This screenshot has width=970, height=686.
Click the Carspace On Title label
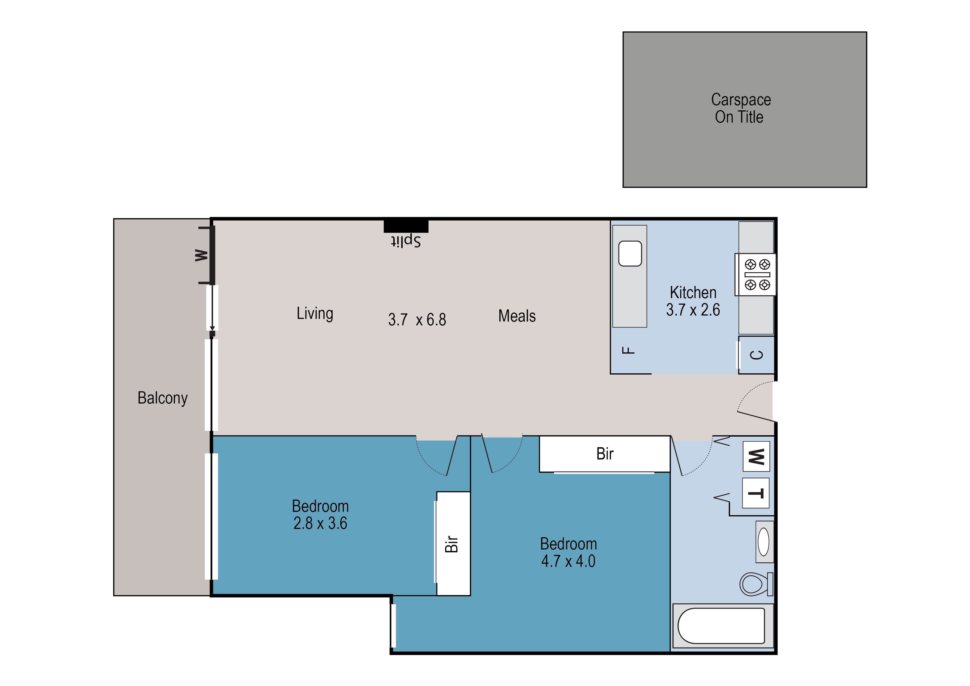(740, 109)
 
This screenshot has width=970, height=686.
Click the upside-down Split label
(406, 241)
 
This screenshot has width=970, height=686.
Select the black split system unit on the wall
(406, 226)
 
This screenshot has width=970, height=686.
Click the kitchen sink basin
(630, 254)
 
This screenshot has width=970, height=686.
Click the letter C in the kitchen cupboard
(757, 355)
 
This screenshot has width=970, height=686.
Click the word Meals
(517, 316)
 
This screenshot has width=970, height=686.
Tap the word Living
(315, 313)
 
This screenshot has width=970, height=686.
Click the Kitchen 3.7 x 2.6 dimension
(693, 310)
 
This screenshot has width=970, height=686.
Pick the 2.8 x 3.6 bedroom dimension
(320, 523)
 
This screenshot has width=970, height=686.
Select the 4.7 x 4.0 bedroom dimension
(568, 561)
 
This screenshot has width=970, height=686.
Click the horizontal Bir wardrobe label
(605, 454)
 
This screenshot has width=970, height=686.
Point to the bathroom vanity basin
(764, 542)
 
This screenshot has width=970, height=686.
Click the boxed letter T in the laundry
(756, 493)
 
